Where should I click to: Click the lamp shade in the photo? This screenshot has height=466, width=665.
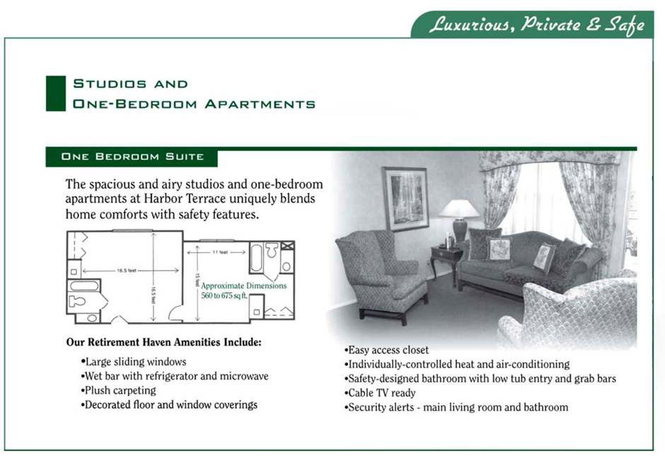(x=459, y=208)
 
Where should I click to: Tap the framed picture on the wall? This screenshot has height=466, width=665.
(x=405, y=198)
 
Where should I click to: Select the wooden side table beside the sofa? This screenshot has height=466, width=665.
(x=446, y=258)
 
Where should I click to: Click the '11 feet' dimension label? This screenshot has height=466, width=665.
(x=220, y=252)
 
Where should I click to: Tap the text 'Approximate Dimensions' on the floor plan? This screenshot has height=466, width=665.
(x=244, y=286)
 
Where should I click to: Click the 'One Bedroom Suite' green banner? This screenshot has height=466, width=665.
(x=132, y=157)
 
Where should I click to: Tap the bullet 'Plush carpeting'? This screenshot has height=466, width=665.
(x=118, y=390)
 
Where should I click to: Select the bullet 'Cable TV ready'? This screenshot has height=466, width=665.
(x=381, y=393)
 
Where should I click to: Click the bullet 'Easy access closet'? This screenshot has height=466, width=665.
(x=387, y=350)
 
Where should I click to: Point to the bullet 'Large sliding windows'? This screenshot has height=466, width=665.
(x=133, y=362)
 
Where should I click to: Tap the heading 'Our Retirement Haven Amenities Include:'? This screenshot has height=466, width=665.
(x=164, y=343)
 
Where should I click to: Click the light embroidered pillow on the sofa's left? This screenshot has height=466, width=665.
(x=499, y=249)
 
